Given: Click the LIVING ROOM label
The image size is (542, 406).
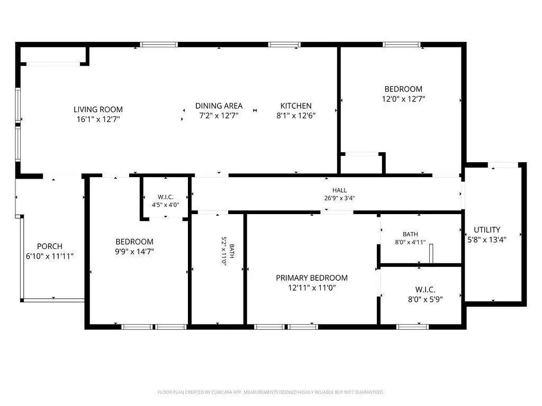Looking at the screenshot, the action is point(98,109).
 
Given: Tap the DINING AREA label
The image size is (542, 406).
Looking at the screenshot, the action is point(219,106).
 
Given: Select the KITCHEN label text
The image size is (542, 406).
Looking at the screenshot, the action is point(296,106).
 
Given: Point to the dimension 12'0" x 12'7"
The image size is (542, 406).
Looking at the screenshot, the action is point(403,99).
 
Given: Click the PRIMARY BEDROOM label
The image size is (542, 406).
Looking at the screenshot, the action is point(312,278).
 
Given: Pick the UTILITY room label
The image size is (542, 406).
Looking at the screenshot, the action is point(487,229).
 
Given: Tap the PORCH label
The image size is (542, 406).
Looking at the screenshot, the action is point(50,246).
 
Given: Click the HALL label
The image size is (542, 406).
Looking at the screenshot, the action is point(339,190).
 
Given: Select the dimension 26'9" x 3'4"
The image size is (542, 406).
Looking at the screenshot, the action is point(339,198).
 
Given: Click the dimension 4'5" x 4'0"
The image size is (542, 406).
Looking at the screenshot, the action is point(166,205).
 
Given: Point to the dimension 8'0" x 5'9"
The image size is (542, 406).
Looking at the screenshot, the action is point(425,299).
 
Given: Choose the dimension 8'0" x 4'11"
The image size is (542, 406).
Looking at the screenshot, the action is point(410,242).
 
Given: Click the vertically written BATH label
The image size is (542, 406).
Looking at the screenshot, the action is point(232,251).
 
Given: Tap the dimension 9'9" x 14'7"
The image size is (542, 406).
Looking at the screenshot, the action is point(134,251).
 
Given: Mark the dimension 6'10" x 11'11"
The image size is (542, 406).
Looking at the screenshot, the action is point(50,256).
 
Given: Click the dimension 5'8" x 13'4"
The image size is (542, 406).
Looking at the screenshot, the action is point(487,239).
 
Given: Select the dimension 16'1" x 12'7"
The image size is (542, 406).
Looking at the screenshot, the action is point(98,119).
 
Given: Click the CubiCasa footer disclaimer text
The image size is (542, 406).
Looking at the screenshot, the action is point(270,392).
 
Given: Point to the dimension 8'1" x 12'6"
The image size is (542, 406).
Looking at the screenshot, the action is point(296,116).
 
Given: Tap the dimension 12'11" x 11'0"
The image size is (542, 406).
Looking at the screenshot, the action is point(312,288).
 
